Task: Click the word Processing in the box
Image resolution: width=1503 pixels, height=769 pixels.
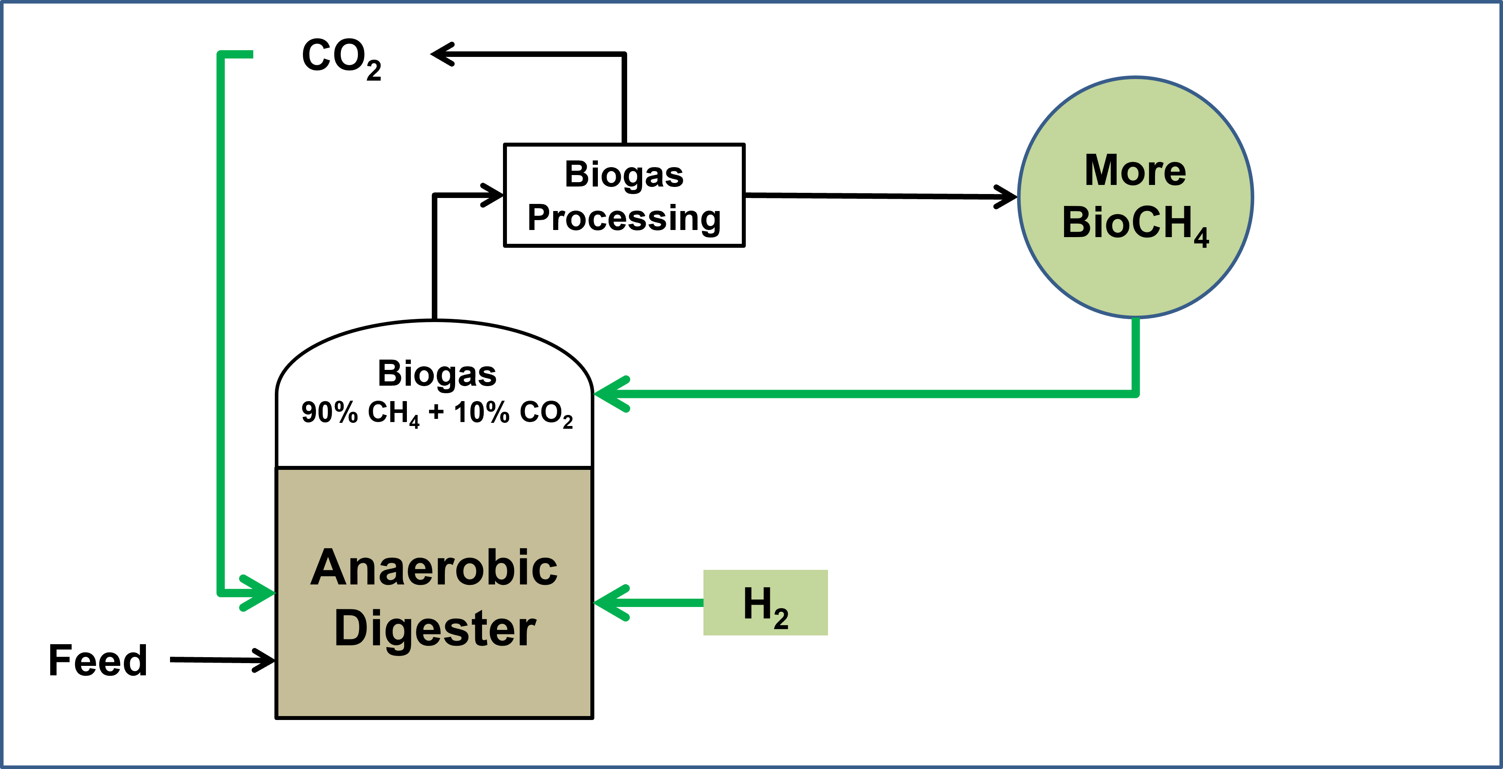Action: [x=624, y=218]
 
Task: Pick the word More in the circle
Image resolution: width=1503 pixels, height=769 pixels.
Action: [x=1135, y=170]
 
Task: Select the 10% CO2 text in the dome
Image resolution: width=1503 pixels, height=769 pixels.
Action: [x=513, y=413]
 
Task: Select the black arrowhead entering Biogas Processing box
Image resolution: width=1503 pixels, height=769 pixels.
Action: [x=493, y=195]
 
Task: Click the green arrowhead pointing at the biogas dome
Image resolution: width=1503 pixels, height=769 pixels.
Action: [x=610, y=394]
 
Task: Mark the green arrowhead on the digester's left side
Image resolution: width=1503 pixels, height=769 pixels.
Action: [x=260, y=593]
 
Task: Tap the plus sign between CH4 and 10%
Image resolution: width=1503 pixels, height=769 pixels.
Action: [x=436, y=412]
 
